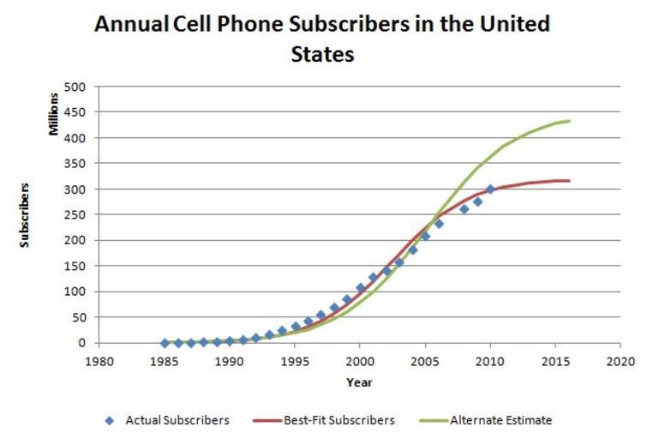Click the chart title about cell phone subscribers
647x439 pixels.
point(321,38)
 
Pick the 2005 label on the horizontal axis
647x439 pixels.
point(424,361)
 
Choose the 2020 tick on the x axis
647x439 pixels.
point(619,361)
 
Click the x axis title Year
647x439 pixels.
point(359,382)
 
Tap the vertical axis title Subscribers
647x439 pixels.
point(26,214)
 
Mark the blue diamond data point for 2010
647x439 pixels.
point(490,189)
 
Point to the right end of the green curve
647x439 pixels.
point(570,121)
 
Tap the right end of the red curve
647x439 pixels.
point(570,181)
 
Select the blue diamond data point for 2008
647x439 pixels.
point(464,209)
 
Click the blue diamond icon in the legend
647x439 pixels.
point(109,420)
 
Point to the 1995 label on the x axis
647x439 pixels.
point(295,361)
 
